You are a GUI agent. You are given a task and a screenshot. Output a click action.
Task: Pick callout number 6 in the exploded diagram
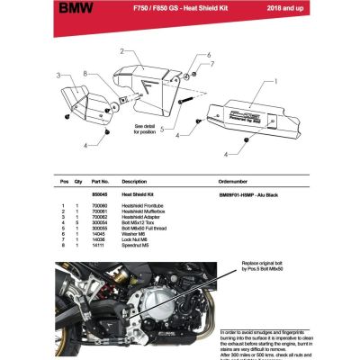point(209,55)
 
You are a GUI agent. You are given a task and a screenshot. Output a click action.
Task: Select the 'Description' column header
point(134,181)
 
